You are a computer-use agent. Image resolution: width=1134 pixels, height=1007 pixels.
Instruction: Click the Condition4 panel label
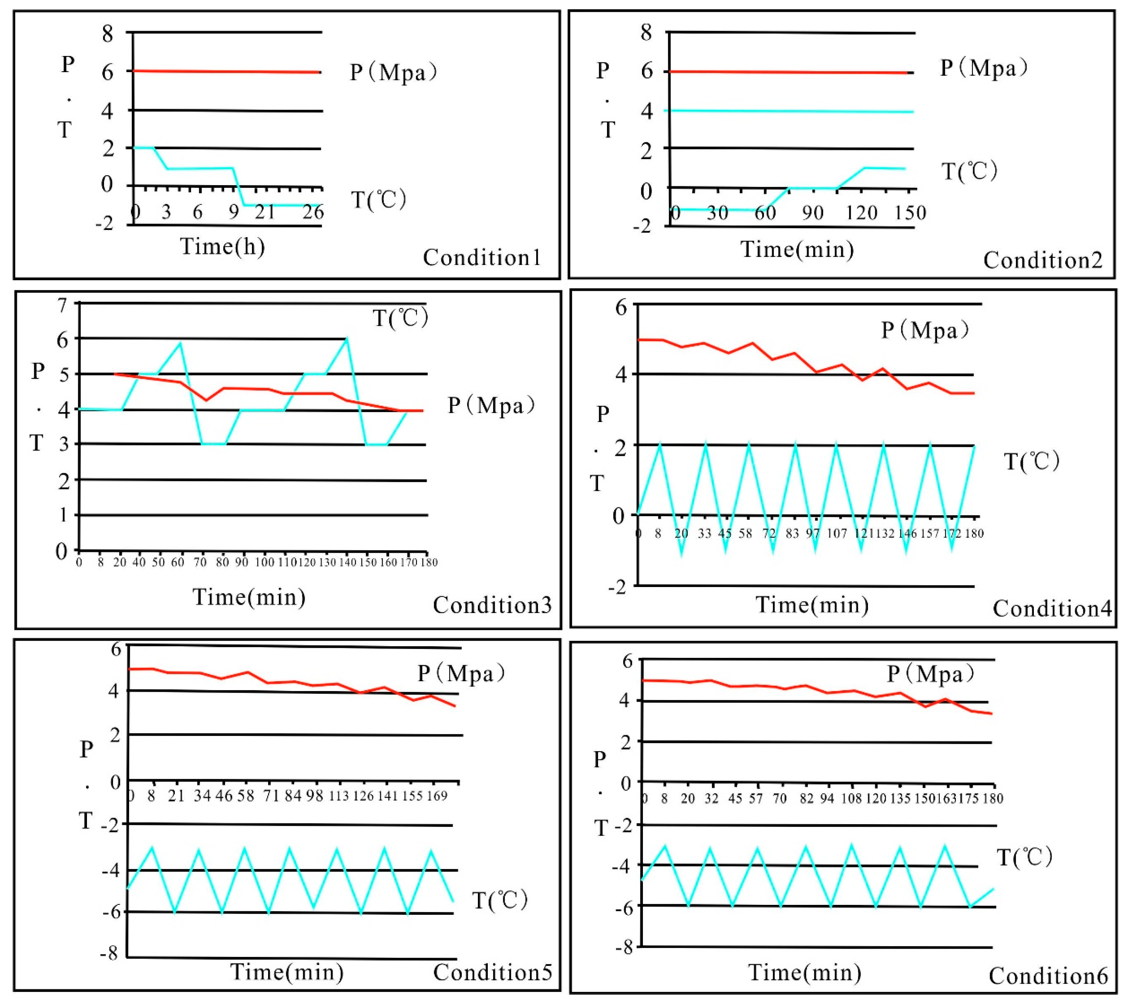(x=1052, y=609)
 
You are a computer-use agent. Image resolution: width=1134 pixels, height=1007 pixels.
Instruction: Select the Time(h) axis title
(x=222, y=246)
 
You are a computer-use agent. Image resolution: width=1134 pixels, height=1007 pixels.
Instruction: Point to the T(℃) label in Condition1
(x=379, y=199)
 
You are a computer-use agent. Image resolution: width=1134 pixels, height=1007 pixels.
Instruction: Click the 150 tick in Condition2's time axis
(x=910, y=212)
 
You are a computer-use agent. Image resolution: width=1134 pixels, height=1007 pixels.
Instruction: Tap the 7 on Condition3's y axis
(x=63, y=305)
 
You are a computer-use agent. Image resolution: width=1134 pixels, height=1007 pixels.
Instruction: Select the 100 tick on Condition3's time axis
(x=264, y=562)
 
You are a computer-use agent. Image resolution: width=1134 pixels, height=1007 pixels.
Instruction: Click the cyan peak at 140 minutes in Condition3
(x=347, y=338)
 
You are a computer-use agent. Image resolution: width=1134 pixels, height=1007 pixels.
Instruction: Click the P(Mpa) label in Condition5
(x=461, y=674)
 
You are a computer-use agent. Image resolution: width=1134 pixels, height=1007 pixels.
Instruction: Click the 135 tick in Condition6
(x=900, y=798)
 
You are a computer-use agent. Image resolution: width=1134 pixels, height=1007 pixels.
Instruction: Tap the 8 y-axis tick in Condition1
(x=107, y=34)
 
